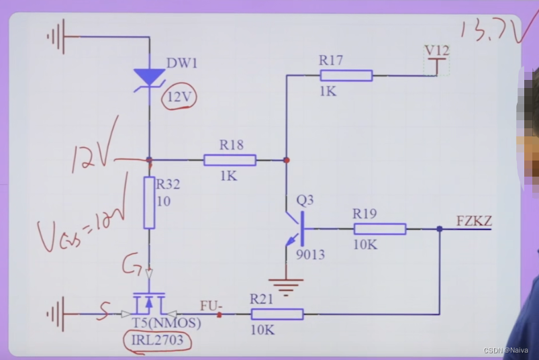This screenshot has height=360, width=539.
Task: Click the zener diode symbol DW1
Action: [149, 78]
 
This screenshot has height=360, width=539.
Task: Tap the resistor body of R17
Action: [346, 75]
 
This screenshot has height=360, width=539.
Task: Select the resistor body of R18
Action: [230, 160]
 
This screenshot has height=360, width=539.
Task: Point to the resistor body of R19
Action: [379, 229]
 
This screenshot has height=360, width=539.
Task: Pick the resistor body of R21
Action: [277, 314]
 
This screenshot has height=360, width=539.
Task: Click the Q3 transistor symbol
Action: [295, 228]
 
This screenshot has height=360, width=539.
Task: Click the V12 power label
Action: [437, 51]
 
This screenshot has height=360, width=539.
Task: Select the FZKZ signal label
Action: [474, 221]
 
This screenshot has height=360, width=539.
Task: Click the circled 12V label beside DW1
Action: [179, 98]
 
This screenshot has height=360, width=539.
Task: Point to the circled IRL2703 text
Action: [158, 340]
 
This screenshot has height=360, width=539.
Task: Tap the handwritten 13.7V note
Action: [488, 31]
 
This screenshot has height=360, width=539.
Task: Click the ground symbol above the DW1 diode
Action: [56, 36]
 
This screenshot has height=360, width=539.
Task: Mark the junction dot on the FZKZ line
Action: [440, 229]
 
